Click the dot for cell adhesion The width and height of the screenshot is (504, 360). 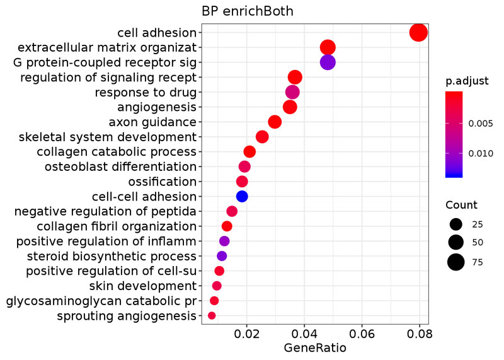point(418,32)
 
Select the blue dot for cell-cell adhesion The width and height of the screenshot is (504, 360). point(242,196)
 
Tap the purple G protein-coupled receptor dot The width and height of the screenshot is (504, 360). point(328,62)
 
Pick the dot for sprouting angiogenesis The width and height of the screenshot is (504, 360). point(212,315)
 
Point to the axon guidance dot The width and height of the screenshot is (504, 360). point(275,122)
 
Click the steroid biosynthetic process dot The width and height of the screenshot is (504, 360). point(222,256)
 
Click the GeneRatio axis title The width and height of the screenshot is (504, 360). point(315,347)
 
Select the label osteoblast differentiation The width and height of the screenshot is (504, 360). point(120,166)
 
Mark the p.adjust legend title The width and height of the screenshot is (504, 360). point(463,81)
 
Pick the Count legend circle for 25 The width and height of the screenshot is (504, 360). point(456,224)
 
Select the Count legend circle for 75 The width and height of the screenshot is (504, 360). point(456,262)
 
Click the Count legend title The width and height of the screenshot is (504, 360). point(461,205)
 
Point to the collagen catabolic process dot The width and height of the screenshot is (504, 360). point(249,151)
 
